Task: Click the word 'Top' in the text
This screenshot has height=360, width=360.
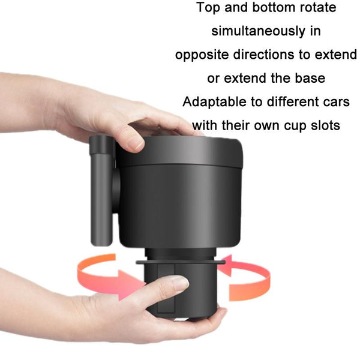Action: tap(208, 8)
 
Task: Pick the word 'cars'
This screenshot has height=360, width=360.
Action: tap(337, 102)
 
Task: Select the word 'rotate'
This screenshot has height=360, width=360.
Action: tap(318, 8)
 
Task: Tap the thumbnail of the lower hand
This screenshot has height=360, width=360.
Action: tap(179, 284)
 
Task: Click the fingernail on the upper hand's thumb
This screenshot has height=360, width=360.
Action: tap(136, 144)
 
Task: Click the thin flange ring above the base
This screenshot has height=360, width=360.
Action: tap(181, 262)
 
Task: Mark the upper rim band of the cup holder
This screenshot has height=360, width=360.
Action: tap(179, 152)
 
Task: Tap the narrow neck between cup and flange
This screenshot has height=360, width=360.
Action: tap(181, 254)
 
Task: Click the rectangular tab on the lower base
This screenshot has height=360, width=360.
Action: tap(166, 289)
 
